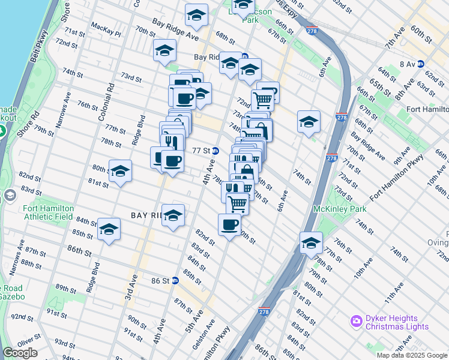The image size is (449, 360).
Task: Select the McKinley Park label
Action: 340,209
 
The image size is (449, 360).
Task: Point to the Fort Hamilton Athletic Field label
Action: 48,212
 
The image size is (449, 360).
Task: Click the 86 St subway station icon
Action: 175,280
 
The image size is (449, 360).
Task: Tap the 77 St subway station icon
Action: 214,151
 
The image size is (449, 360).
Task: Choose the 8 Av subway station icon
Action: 421,64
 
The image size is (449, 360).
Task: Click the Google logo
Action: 20,353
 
